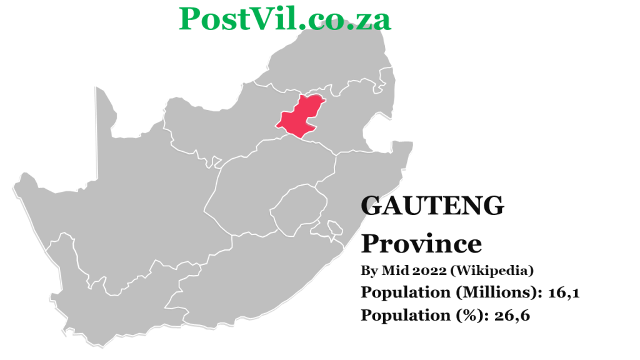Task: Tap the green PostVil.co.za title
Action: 285,19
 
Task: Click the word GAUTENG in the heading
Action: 432,206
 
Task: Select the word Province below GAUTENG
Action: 421,243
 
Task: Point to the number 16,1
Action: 564,292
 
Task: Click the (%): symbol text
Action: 471,315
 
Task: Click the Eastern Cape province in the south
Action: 250,275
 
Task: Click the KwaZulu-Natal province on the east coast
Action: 362,181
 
